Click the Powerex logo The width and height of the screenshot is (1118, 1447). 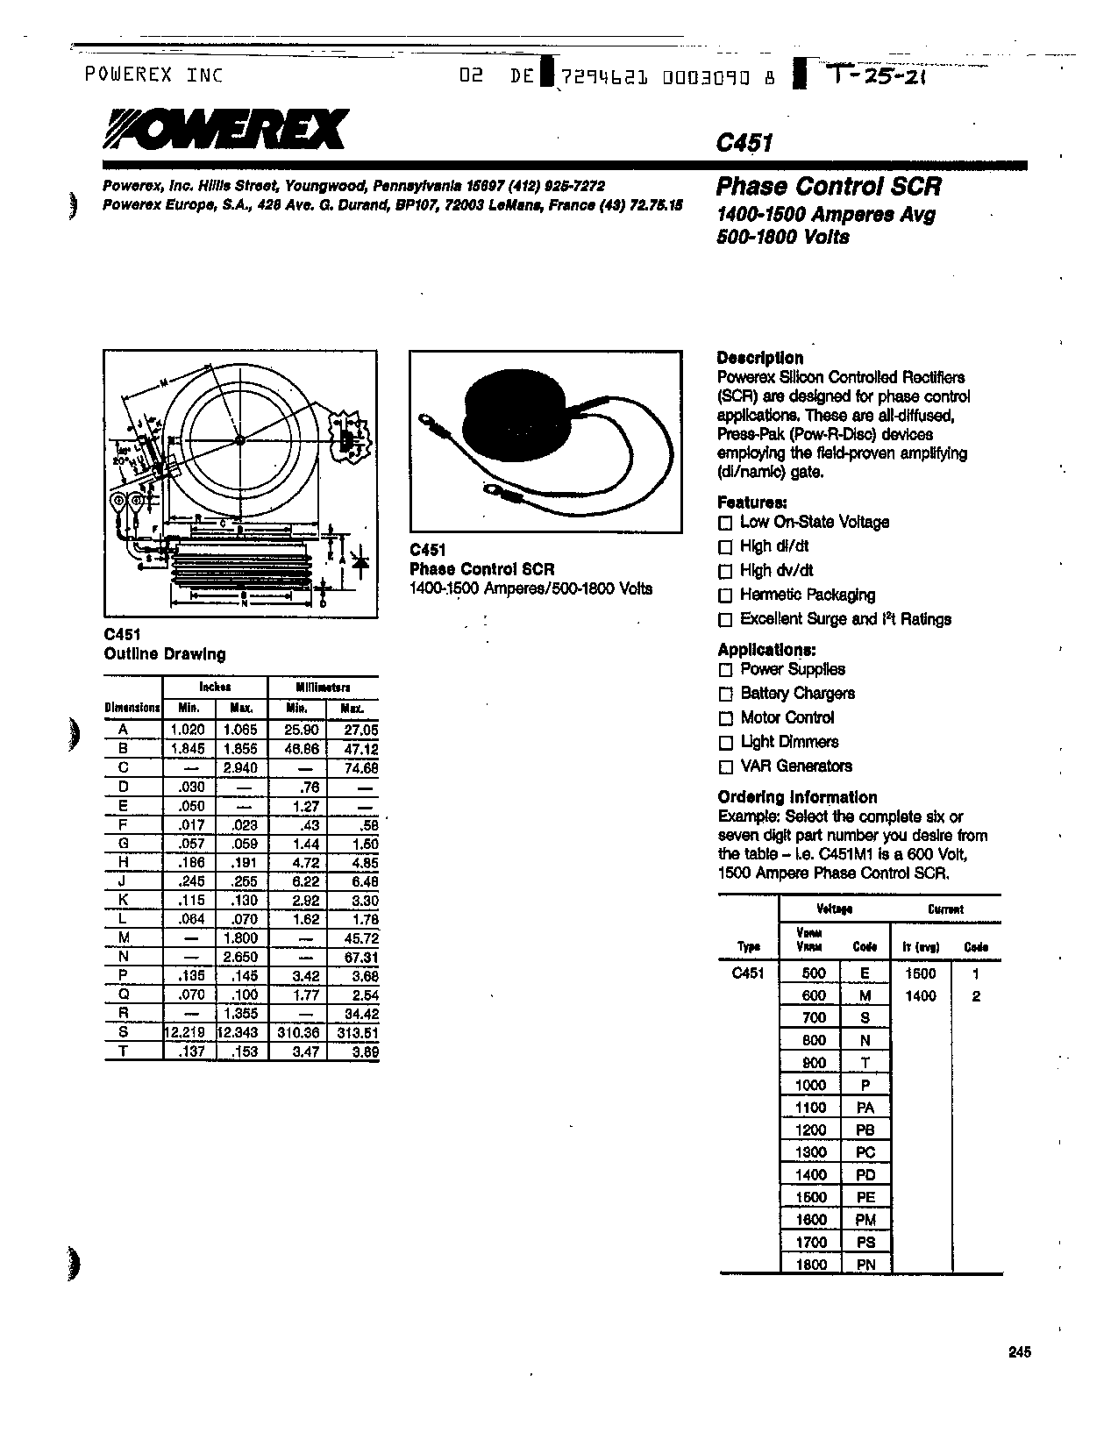coord(225,130)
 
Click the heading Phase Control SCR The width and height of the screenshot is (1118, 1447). coord(829,187)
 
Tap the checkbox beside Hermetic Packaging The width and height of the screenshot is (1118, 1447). coord(725,596)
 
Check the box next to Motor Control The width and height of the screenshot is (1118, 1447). coord(725,719)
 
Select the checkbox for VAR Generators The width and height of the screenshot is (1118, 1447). coord(725,767)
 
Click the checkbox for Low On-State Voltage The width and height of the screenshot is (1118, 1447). coord(725,524)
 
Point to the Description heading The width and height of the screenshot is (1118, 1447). coord(759,358)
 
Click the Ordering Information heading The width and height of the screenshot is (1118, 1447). coord(797,797)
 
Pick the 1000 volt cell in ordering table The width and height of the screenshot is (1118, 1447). coord(810,1085)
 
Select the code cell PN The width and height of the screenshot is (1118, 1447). coord(865,1265)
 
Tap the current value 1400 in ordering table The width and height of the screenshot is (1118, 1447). coord(920,996)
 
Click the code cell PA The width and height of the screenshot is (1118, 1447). coord(865,1108)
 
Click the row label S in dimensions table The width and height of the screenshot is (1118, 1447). coord(124,1033)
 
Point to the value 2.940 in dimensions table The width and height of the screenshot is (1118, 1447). coord(240,767)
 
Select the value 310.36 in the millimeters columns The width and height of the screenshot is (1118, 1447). coord(297,1033)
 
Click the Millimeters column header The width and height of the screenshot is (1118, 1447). coord(323,688)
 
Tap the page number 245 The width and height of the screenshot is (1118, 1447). coord(1019,1352)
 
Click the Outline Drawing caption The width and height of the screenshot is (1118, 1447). coord(165,654)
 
